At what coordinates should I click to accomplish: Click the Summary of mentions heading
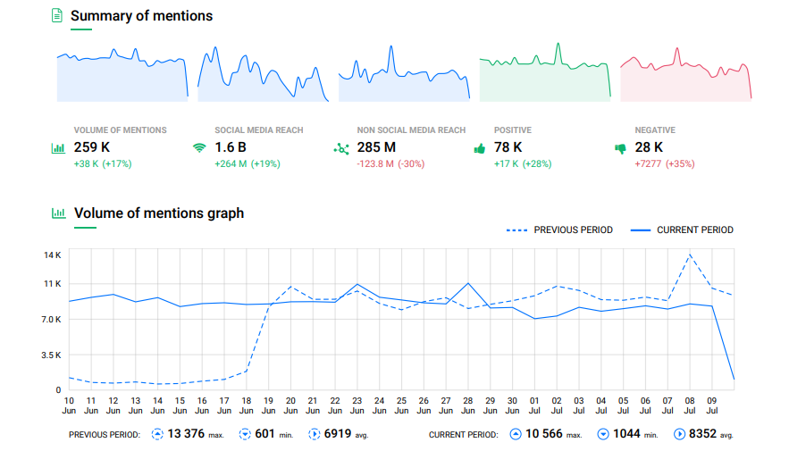[x=141, y=16]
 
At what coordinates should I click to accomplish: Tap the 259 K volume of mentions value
[x=92, y=147]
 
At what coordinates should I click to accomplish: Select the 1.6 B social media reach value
[x=231, y=147]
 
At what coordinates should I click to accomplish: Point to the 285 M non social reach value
[x=376, y=147]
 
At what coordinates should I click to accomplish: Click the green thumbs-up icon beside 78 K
[x=479, y=148]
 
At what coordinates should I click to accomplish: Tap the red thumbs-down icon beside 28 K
[x=620, y=149]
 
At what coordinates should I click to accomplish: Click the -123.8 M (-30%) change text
[x=390, y=164]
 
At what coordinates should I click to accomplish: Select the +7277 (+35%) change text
[x=664, y=164]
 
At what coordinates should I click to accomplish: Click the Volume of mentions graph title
[x=159, y=213]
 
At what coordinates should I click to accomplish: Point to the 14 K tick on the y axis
[x=52, y=255]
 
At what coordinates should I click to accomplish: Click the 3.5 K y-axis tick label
[x=50, y=355]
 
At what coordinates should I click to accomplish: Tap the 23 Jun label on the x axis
[x=357, y=405]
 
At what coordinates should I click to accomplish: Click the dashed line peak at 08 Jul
[x=689, y=255]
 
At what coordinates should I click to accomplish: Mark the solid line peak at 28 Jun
[x=467, y=283]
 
